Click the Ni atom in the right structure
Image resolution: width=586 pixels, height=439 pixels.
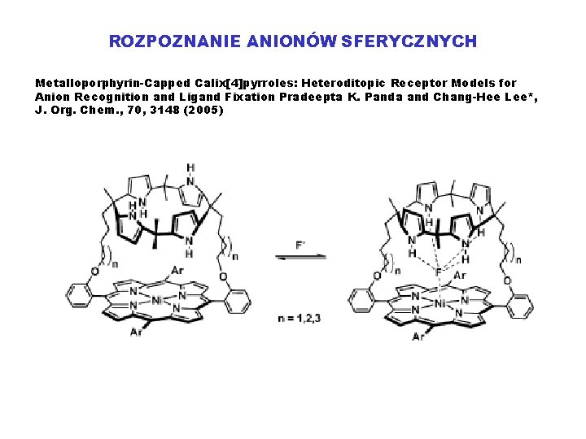pyautogui.click(x=439, y=305)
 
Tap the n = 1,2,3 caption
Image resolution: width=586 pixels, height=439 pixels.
pyautogui.click(x=300, y=318)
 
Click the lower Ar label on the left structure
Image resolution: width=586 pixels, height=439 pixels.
pyautogui.click(x=133, y=333)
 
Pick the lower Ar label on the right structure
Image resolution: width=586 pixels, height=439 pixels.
pyautogui.click(x=418, y=336)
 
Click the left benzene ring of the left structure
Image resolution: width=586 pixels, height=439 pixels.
pyautogui.click(x=78, y=294)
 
